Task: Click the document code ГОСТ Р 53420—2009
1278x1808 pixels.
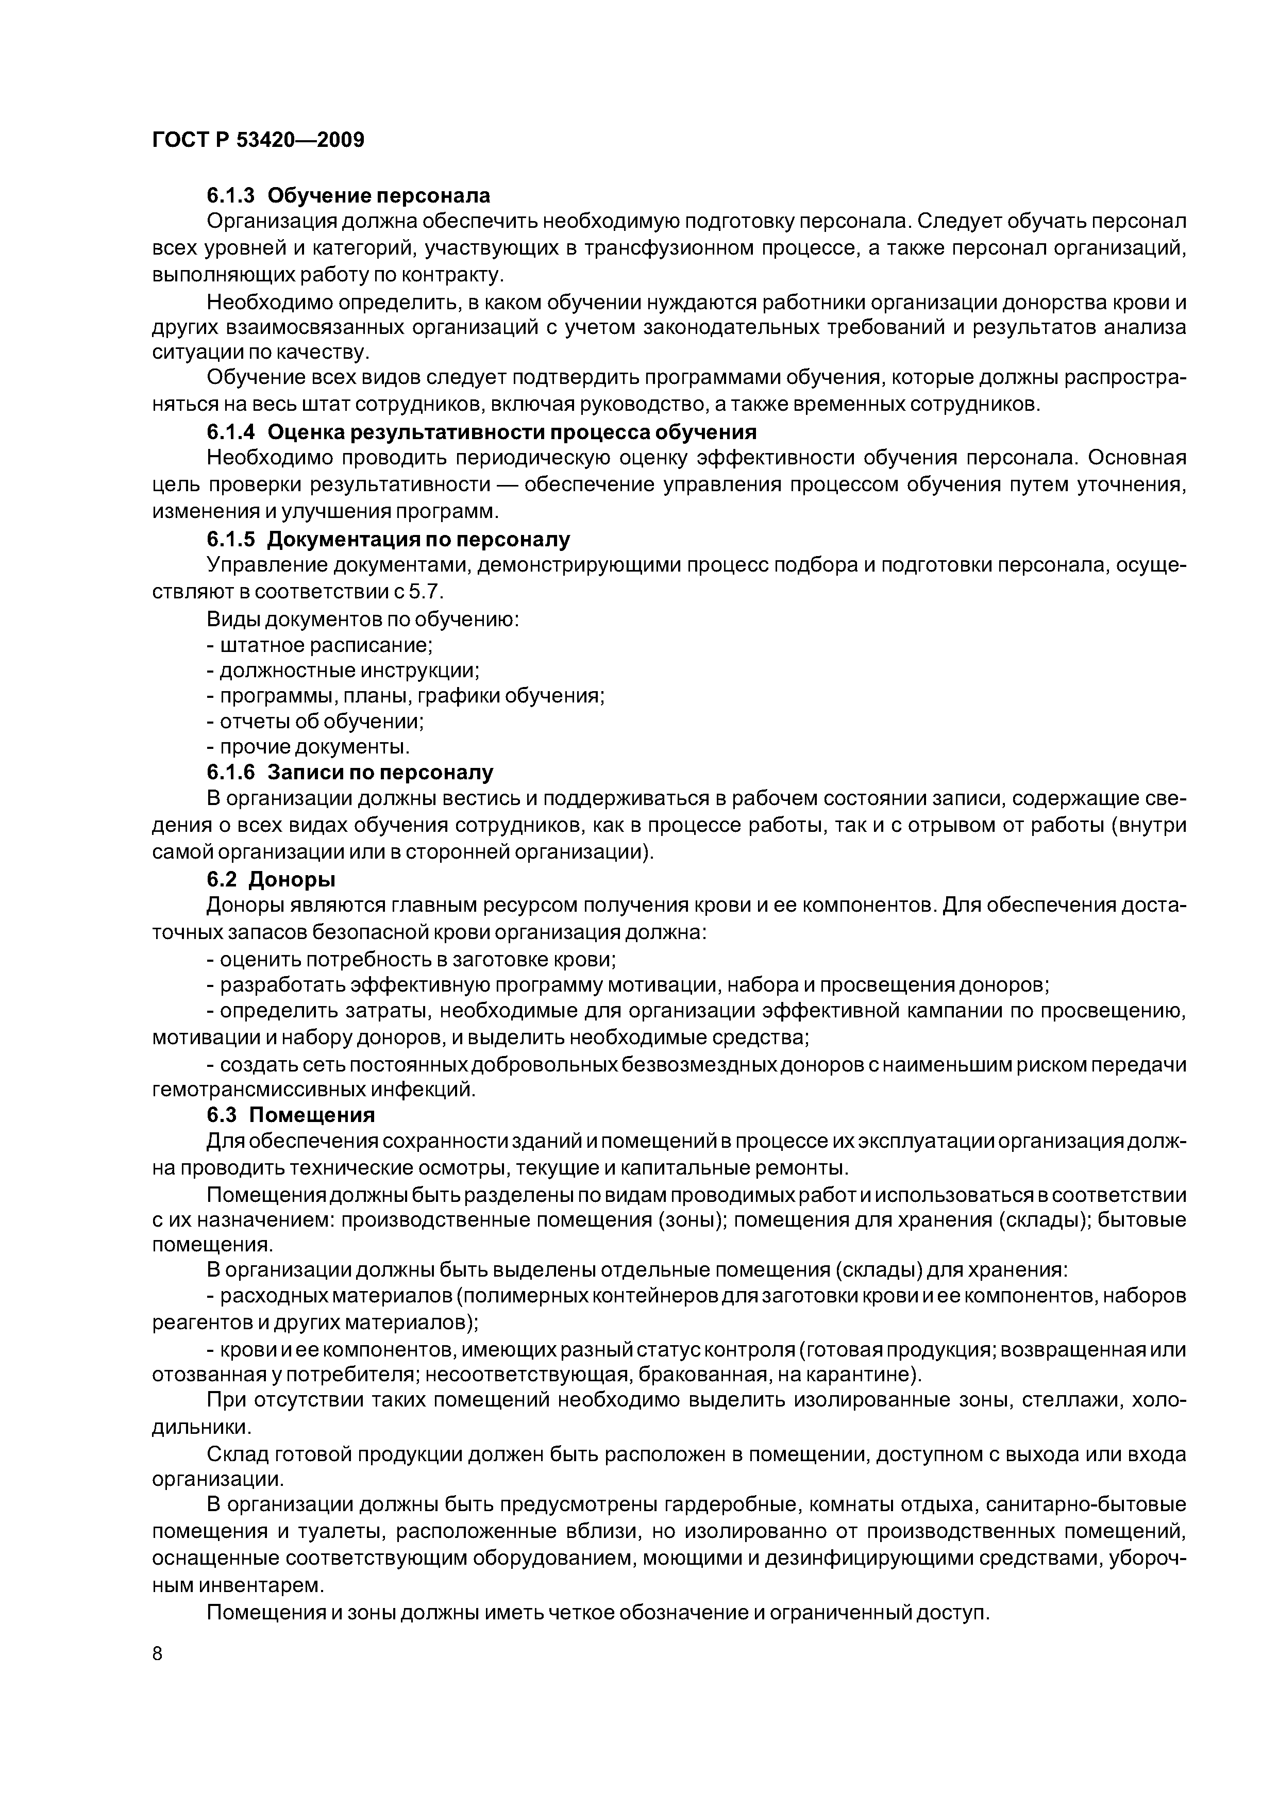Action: pyautogui.click(x=258, y=140)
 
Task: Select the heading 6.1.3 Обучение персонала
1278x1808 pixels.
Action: pyautogui.click(x=348, y=195)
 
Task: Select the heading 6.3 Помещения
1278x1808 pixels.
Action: pyautogui.click(x=291, y=1115)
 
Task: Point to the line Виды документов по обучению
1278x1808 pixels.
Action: pyautogui.click(x=363, y=619)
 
